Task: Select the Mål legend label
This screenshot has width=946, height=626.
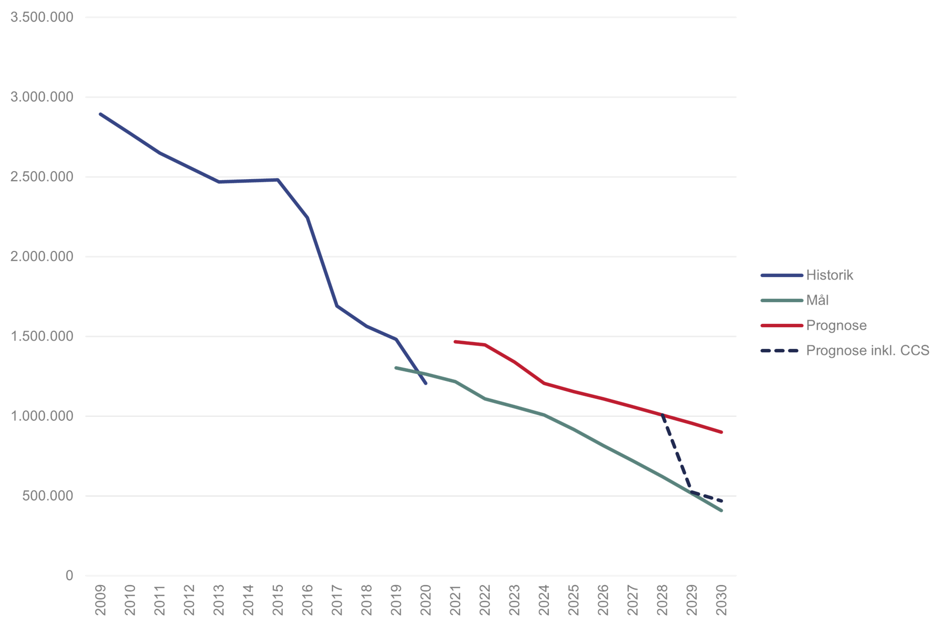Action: [x=817, y=300]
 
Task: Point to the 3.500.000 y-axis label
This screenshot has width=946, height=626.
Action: [x=42, y=17]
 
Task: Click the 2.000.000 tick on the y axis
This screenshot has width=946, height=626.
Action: [x=42, y=256]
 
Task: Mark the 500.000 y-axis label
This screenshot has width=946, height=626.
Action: [x=48, y=496]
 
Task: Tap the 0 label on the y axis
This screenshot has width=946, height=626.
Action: [x=69, y=575]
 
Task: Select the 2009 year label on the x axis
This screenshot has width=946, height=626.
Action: [x=101, y=600]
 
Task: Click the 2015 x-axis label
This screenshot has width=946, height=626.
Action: [x=278, y=600]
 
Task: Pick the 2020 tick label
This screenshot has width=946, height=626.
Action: [x=426, y=600]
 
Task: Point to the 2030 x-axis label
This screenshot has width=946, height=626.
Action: [x=721, y=600]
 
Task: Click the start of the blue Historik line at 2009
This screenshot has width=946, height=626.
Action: [x=101, y=114]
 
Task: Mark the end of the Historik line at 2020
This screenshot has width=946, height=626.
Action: [x=426, y=383]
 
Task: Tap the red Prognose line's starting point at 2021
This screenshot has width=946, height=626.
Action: [x=455, y=341]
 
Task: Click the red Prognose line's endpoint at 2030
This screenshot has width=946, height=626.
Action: [x=721, y=432]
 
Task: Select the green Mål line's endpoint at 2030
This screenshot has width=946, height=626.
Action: [x=721, y=510]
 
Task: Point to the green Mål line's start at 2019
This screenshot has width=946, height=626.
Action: [x=396, y=368]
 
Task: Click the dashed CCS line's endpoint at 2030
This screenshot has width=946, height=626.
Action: [x=721, y=501]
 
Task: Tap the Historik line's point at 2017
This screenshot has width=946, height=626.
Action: [x=337, y=306]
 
